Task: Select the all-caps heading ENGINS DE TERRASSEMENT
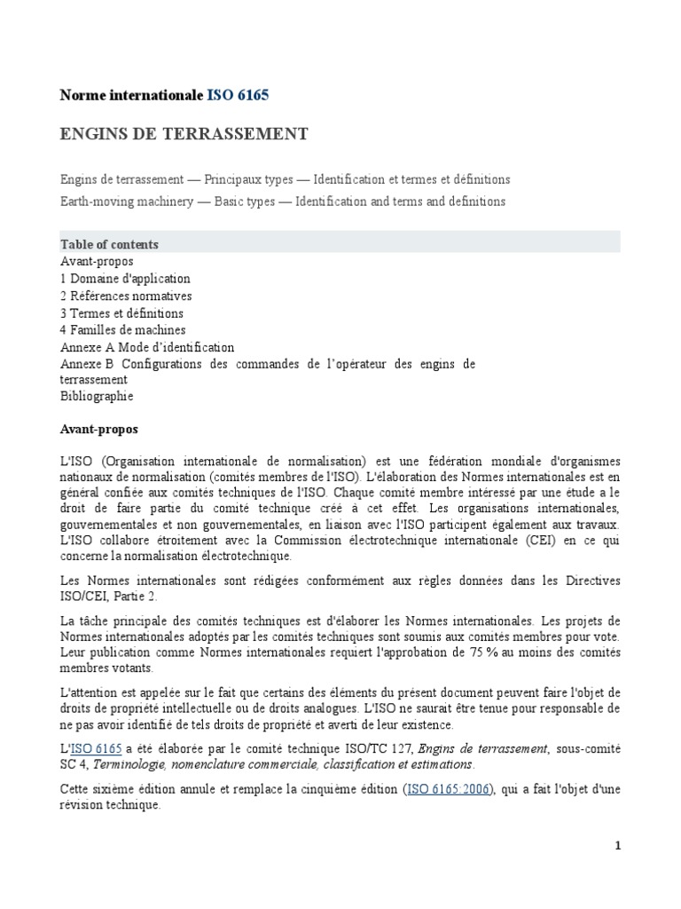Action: tap(184, 134)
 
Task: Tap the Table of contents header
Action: tap(109, 244)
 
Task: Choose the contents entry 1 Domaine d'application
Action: tap(125, 279)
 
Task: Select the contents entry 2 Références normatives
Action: tap(126, 296)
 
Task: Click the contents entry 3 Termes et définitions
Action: tap(121, 313)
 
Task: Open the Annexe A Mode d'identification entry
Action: tap(147, 348)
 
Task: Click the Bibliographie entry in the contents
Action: tap(97, 396)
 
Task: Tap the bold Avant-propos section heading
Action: tap(98, 429)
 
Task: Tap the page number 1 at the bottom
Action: tap(618, 846)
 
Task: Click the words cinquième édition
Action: tap(347, 788)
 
